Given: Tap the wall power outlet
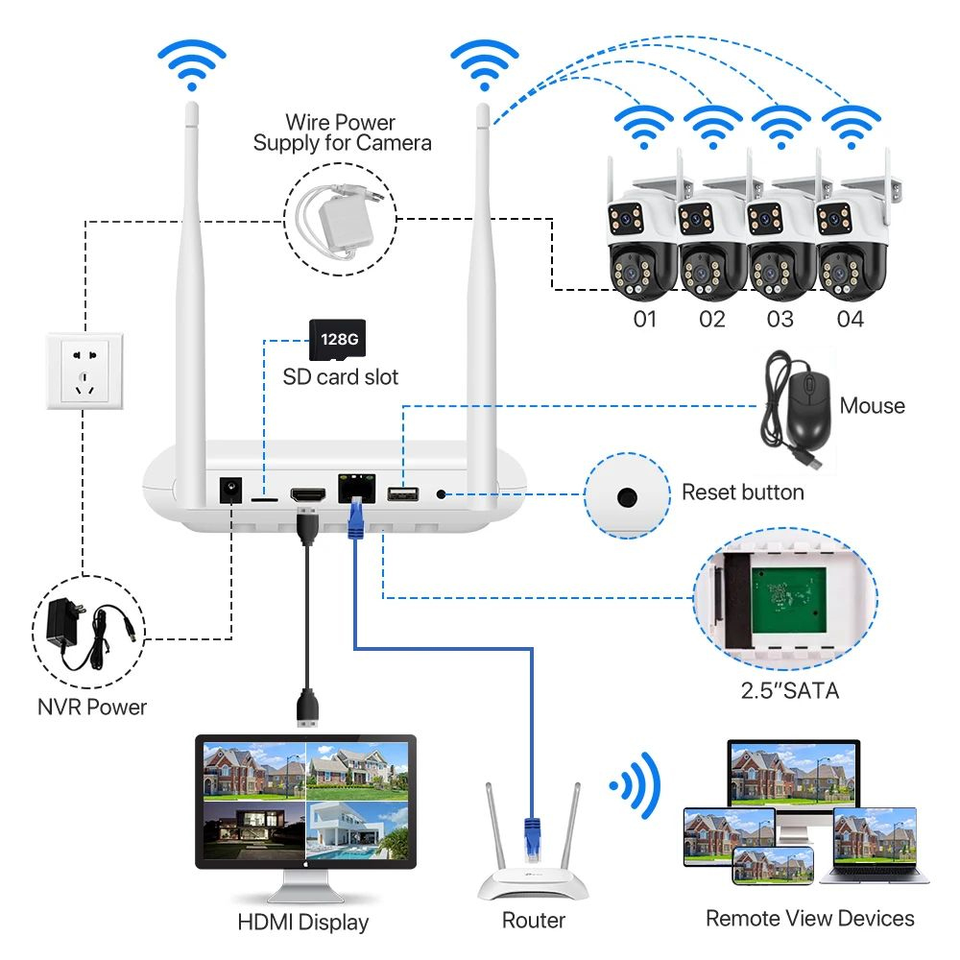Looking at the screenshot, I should coord(86,371).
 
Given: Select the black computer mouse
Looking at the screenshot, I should coord(803,407).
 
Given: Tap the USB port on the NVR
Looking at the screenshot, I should coord(402,494).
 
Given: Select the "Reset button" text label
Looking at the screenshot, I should coord(742,492).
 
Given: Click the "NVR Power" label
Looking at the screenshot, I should coord(92,708).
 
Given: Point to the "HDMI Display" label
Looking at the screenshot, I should coord(302,923).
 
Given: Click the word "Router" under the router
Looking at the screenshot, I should coord(534,921).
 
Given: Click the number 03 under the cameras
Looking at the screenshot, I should coord(780,320).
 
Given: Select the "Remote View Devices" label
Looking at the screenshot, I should coord(809,919).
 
